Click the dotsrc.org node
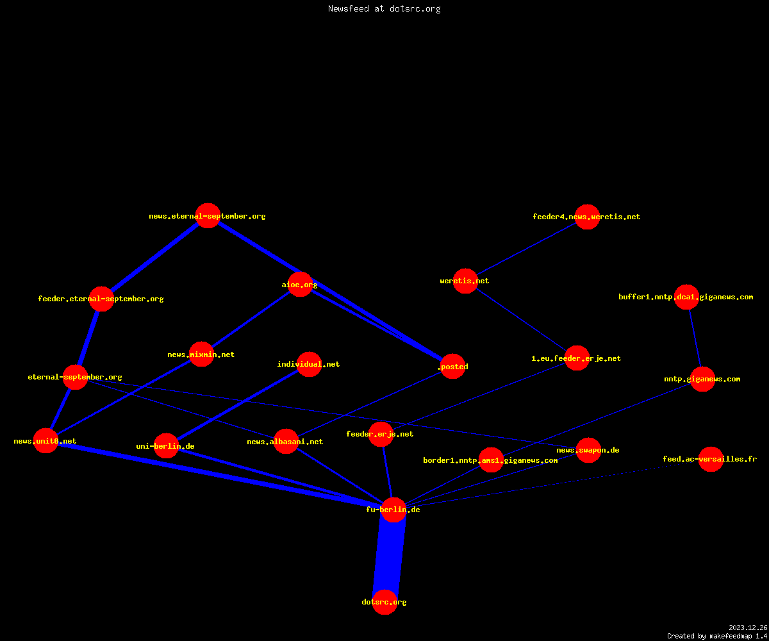click(x=385, y=602)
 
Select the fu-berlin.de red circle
click(x=393, y=510)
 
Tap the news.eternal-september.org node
click(x=208, y=215)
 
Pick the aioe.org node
click(x=300, y=285)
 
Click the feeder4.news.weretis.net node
click(x=587, y=217)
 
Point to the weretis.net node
click(x=465, y=281)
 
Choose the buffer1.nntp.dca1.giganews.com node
click(x=686, y=297)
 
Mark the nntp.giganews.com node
click(x=703, y=379)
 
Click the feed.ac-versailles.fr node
click(x=711, y=459)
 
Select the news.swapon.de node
click(x=588, y=450)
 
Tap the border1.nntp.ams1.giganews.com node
click(x=491, y=460)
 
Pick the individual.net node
click(x=309, y=364)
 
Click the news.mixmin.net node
click(x=201, y=354)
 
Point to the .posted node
click(x=452, y=366)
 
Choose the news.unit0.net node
click(x=46, y=440)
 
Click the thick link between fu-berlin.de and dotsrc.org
click(x=389, y=556)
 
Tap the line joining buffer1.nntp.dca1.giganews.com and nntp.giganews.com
click(x=695, y=338)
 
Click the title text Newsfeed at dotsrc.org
click(x=384, y=8)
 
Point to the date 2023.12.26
click(x=748, y=628)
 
